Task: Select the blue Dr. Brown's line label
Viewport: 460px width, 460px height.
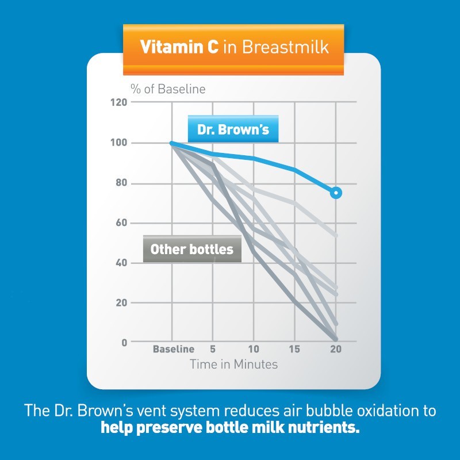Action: coord(233,129)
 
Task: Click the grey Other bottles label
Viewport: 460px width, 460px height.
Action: coord(191,249)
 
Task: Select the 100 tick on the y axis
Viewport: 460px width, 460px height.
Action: coord(118,143)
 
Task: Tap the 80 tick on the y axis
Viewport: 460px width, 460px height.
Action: coord(121,183)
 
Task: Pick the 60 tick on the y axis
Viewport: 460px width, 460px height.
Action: coord(121,223)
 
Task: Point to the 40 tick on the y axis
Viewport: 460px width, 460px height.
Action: coord(121,263)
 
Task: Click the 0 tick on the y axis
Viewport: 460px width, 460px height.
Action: coord(124,343)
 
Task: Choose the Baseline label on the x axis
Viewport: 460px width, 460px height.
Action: coord(173,349)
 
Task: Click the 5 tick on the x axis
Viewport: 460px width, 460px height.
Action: coord(213,349)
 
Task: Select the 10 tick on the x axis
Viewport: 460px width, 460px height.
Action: coord(254,349)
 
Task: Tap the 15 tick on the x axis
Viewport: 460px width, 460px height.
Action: coord(294,349)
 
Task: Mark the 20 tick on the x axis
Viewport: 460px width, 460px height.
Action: coord(336,349)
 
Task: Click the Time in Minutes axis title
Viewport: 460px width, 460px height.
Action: coord(233,364)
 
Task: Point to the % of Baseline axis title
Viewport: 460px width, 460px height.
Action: coord(167,89)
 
